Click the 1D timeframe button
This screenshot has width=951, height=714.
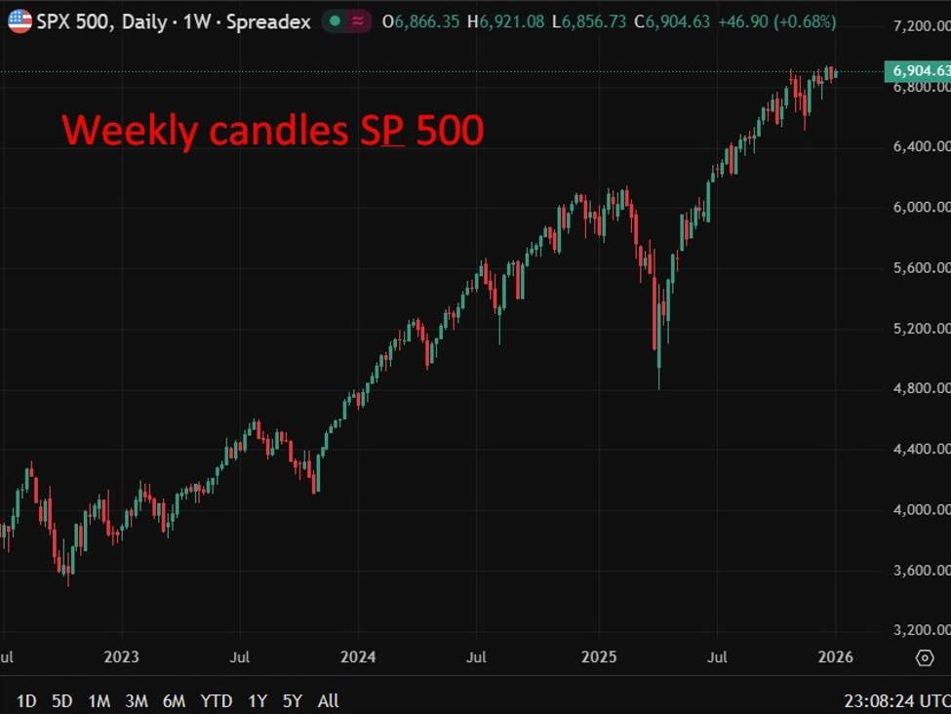pos(26,700)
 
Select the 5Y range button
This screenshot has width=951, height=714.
pos(292,700)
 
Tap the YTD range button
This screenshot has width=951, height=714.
pos(216,700)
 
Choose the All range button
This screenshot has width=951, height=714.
pos(329,700)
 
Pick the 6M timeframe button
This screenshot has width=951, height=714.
pos(174,700)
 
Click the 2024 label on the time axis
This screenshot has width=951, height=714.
pos(359,657)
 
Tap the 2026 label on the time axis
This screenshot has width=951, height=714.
pos(836,657)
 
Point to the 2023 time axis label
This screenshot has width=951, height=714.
pos(121,657)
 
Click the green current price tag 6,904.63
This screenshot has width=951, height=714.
pos(917,71)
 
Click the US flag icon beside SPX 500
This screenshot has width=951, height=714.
pos(20,20)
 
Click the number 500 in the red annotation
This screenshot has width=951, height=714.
pos(450,131)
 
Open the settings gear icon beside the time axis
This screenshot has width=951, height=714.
pos(925,658)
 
